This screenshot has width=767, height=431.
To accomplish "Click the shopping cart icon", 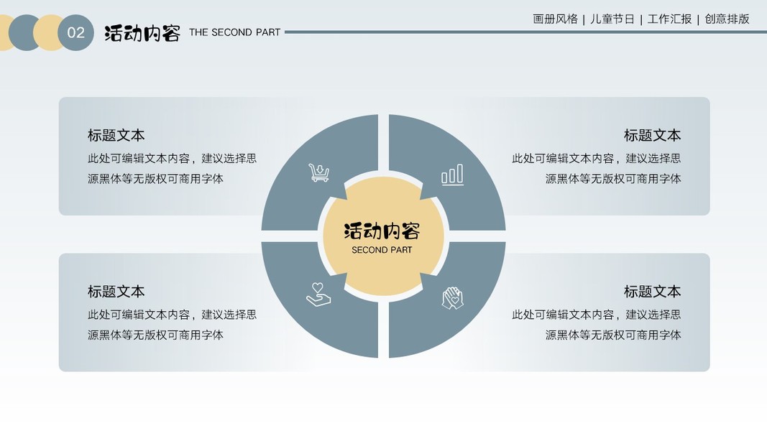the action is click(318, 172).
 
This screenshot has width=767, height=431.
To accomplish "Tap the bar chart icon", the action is click(452, 175).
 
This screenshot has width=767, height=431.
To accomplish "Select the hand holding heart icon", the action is click(318, 295).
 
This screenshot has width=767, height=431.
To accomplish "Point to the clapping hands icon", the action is click(452, 297).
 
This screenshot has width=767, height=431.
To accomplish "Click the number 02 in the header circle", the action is click(75, 32).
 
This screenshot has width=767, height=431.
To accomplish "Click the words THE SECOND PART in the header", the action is click(234, 32).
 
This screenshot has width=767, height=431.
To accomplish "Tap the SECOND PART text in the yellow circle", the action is click(382, 250).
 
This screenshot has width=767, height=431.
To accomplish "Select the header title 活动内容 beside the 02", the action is click(142, 33).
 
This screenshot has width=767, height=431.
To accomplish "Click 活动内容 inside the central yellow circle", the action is click(382, 231).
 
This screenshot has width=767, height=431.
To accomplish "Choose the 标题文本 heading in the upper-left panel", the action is click(116, 135).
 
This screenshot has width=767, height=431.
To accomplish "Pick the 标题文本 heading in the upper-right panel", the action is click(652, 135).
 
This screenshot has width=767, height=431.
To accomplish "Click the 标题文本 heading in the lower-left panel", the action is click(116, 291).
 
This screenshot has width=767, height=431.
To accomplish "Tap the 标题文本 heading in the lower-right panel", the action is click(652, 291).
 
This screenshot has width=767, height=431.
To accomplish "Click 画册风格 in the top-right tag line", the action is click(555, 19).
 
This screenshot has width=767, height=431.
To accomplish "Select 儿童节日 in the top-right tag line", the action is click(612, 19).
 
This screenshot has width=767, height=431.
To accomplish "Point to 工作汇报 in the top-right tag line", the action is click(669, 19).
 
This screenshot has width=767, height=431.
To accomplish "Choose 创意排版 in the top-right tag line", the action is click(727, 19).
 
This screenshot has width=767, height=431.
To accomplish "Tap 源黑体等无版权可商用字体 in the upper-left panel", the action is click(155, 179).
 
